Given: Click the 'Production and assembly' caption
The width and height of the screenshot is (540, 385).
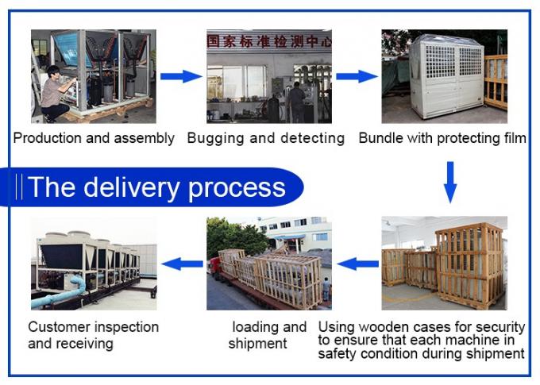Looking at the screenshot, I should [94, 138].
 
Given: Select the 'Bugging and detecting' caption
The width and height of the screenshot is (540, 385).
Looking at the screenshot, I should [266, 138].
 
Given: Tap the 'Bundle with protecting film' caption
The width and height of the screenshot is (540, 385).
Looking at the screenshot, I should [442, 138].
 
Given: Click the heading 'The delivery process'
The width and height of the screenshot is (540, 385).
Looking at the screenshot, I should [156, 187].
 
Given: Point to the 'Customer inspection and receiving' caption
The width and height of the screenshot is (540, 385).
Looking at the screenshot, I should [93, 335].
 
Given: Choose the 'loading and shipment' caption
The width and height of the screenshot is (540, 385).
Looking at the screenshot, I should [268, 335].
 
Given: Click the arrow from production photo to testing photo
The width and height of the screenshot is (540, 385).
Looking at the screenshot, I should [181, 76].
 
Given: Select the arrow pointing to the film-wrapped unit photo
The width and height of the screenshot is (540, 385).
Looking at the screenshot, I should [356, 76].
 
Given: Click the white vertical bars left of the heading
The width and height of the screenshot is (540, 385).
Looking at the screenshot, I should [20, 187].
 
